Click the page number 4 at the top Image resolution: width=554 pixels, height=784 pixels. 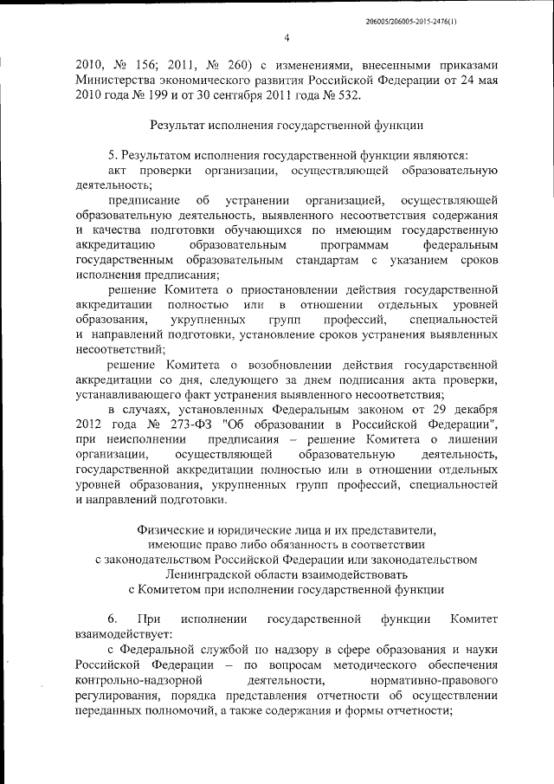286,36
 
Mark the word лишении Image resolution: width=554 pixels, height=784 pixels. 473,439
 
